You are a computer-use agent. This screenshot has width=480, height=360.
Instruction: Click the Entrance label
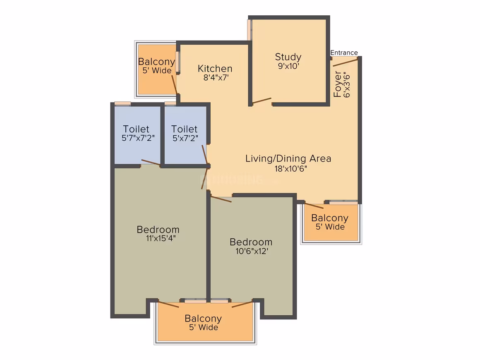tap(344, 53)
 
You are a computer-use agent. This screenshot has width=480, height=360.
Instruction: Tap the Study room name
tap(288, 57)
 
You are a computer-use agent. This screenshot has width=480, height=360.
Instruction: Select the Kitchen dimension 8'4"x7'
tap(216, 77)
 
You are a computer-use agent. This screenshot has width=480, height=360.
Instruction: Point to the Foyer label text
tap(337, 84)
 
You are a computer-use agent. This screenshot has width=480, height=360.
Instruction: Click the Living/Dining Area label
tap(288, 158)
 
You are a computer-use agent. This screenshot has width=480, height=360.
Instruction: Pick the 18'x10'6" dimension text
tap(290, 169)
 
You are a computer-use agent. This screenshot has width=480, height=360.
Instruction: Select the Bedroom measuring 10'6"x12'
tap(251, 248)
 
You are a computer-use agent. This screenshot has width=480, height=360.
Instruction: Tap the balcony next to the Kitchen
tap(157, 70)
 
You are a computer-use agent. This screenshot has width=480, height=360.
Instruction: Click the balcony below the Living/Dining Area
tap(331, 222)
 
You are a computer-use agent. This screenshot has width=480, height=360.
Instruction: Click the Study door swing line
tap(262, 101)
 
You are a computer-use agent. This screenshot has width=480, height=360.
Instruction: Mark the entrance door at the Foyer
tap(345, 62)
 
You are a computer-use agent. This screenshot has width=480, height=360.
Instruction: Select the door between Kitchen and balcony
tap(174, 84)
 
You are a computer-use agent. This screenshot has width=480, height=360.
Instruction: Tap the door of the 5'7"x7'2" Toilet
tap(151, 162)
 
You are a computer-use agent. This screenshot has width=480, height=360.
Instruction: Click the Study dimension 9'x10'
tap(288, 66)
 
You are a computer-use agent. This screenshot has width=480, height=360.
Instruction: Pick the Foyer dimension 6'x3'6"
tap(346, 84)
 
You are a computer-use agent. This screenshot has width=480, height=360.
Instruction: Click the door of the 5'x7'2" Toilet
tap(205, 155)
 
